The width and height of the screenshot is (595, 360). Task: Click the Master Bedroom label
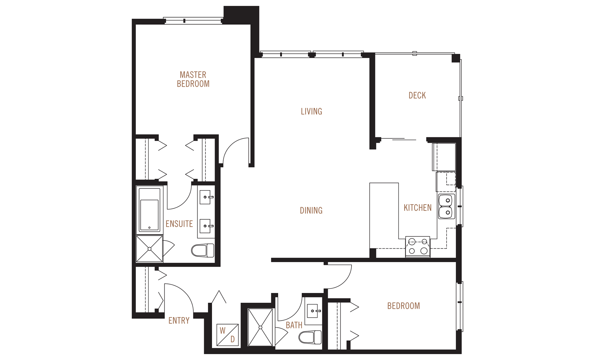click(x=193, y=79)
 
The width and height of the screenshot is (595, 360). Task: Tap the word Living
click(x=311, y=111)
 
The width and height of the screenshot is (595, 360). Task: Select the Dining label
click(x=311, y=210)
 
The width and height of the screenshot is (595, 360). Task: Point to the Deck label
click(x=417, y=96)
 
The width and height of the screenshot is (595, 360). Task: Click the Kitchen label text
click(x=417, y=208)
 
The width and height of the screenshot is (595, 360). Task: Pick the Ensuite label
click(x=179, y=224)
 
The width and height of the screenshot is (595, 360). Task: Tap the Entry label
click(x=179, y=320)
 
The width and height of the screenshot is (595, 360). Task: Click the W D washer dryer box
click(x=228, y=335)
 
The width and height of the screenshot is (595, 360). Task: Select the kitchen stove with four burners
click(x=418, y=246)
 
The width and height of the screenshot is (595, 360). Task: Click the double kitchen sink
click(x=446, y=207)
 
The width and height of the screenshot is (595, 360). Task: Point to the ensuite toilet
click(x=203, y=250)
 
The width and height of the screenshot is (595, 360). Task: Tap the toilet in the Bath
click(x=310, y=337)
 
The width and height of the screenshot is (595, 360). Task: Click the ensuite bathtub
click(x=149, y=210)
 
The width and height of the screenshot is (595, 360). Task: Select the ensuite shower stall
click(x=149, y=249)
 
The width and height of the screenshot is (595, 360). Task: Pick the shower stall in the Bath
click(x=260, y=327)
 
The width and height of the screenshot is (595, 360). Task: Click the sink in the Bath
click(x=313, y=311)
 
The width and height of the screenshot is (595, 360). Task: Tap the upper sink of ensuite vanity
click(x=205, y=197)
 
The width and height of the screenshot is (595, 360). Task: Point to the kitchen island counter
click(x=384, y=215)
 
